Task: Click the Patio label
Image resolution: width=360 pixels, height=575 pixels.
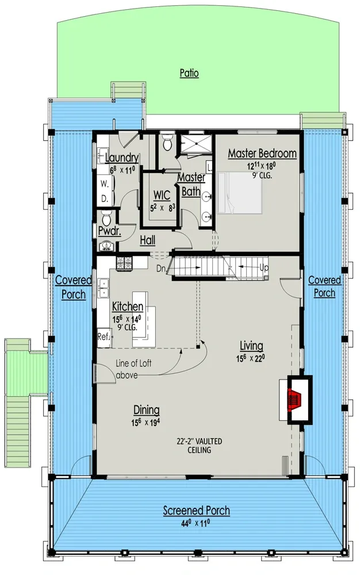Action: click(189, 73)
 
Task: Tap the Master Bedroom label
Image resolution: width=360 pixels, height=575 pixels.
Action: click(262, 154)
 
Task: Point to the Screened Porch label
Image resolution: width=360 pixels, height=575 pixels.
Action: click(196, 510)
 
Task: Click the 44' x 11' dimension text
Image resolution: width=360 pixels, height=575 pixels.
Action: click(196, 522)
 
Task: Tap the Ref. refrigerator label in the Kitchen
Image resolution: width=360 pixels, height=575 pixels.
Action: click(104, 336)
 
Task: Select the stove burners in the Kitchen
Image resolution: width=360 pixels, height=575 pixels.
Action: click(124, 263)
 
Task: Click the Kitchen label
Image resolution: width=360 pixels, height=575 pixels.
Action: click(128, 306)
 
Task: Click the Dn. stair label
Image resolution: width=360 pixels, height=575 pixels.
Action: click(161, 267)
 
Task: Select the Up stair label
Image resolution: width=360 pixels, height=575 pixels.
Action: click(264, 267)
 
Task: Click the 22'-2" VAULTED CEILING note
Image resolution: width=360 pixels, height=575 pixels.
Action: click(199, 445)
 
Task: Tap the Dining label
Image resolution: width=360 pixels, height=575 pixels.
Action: click(146, 410)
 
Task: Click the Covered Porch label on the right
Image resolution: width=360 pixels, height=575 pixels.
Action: click(324, 286)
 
